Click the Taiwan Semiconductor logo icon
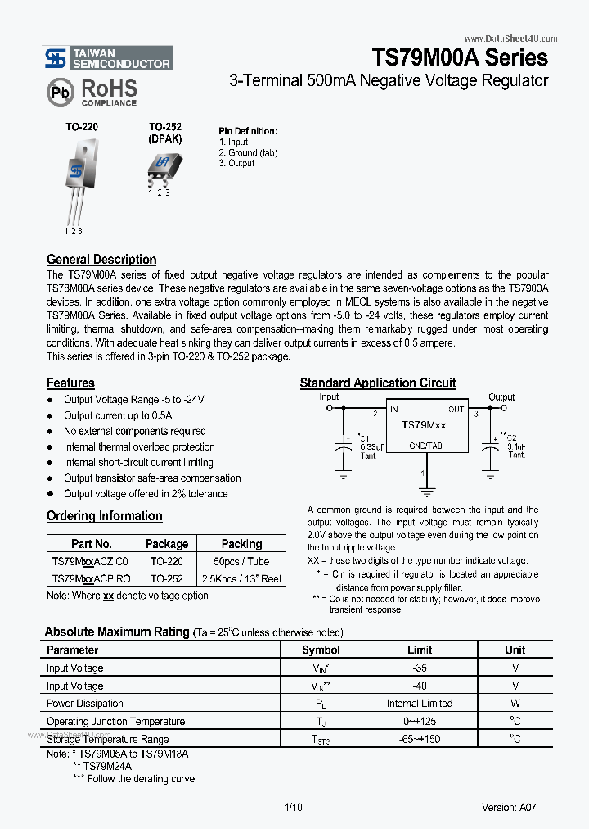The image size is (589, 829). pos(56,57)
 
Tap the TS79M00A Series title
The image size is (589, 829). pos(460,57)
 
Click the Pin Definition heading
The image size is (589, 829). pos(247,131)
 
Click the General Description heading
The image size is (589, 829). pos(101,260)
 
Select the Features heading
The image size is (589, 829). pos(70,383)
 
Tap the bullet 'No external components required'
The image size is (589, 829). pos(135,431)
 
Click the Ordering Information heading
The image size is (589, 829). pos(104,516)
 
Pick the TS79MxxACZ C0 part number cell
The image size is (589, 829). pos(91,562)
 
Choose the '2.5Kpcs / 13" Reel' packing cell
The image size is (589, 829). pos(241,578)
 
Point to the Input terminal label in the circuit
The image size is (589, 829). pos(329,396)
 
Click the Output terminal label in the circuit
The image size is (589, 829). pos(501,396)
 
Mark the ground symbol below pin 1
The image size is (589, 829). pos(425,492)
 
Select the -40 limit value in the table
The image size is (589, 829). pos(420,686)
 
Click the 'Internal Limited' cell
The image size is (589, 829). pos(420,704)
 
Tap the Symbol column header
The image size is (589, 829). pos(321,650)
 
